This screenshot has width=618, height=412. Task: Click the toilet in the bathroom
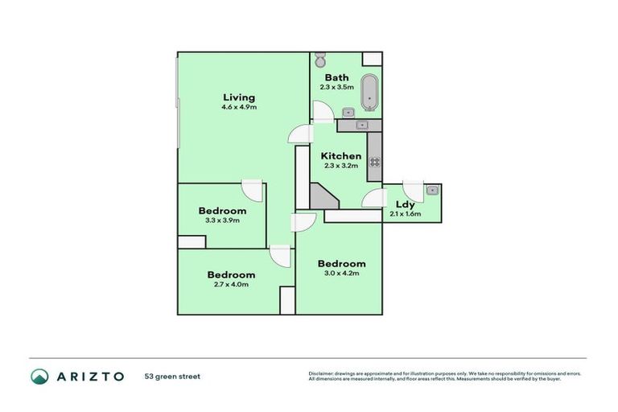(x=319, y=60)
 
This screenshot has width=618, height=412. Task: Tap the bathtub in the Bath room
(x=369, y=93)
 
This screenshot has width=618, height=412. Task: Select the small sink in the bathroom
(x=349, y=113)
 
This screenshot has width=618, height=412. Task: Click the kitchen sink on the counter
(x=361, y=126)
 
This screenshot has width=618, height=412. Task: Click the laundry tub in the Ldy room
(x=432, y=191)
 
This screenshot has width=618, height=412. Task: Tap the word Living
(x=240, y=97)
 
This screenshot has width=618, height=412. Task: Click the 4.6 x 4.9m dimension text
(x=240, y=107)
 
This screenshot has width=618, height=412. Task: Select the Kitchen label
(x=341, y=156)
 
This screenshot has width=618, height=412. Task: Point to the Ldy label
(x=405, y=204)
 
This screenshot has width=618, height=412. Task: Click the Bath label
(x=336, y=78)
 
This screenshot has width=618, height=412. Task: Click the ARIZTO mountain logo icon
(x=39, y=376)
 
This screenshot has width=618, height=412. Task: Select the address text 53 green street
(x=172, y=376)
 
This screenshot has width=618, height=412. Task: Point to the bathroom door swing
(x=323, y=113)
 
